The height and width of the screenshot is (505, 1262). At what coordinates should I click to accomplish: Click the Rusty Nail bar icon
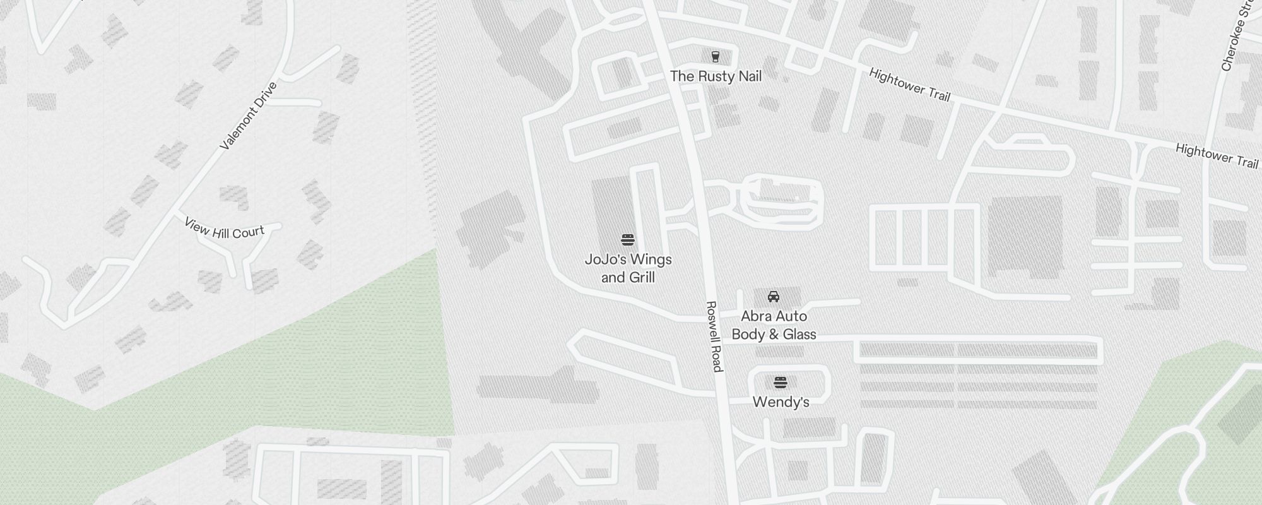[715, 57]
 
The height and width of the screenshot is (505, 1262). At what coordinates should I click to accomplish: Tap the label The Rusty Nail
[716, 76]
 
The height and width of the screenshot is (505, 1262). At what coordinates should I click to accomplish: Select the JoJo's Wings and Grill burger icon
[627, 240]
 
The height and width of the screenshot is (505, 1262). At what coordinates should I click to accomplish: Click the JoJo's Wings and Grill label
[628, 268]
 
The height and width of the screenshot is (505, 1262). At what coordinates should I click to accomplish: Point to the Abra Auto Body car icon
[773, 296]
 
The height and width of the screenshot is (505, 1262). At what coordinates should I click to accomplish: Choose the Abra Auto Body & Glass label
[774, 325]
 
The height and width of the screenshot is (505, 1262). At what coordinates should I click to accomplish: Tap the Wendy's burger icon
[781, 383]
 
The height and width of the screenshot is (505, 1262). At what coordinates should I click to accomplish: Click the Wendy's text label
[781, 402]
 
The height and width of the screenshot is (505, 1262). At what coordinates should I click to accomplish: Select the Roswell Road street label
[714, 336]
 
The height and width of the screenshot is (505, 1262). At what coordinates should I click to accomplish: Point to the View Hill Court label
[224, 229]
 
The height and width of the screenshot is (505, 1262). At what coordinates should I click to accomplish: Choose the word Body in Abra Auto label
[748, 335]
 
